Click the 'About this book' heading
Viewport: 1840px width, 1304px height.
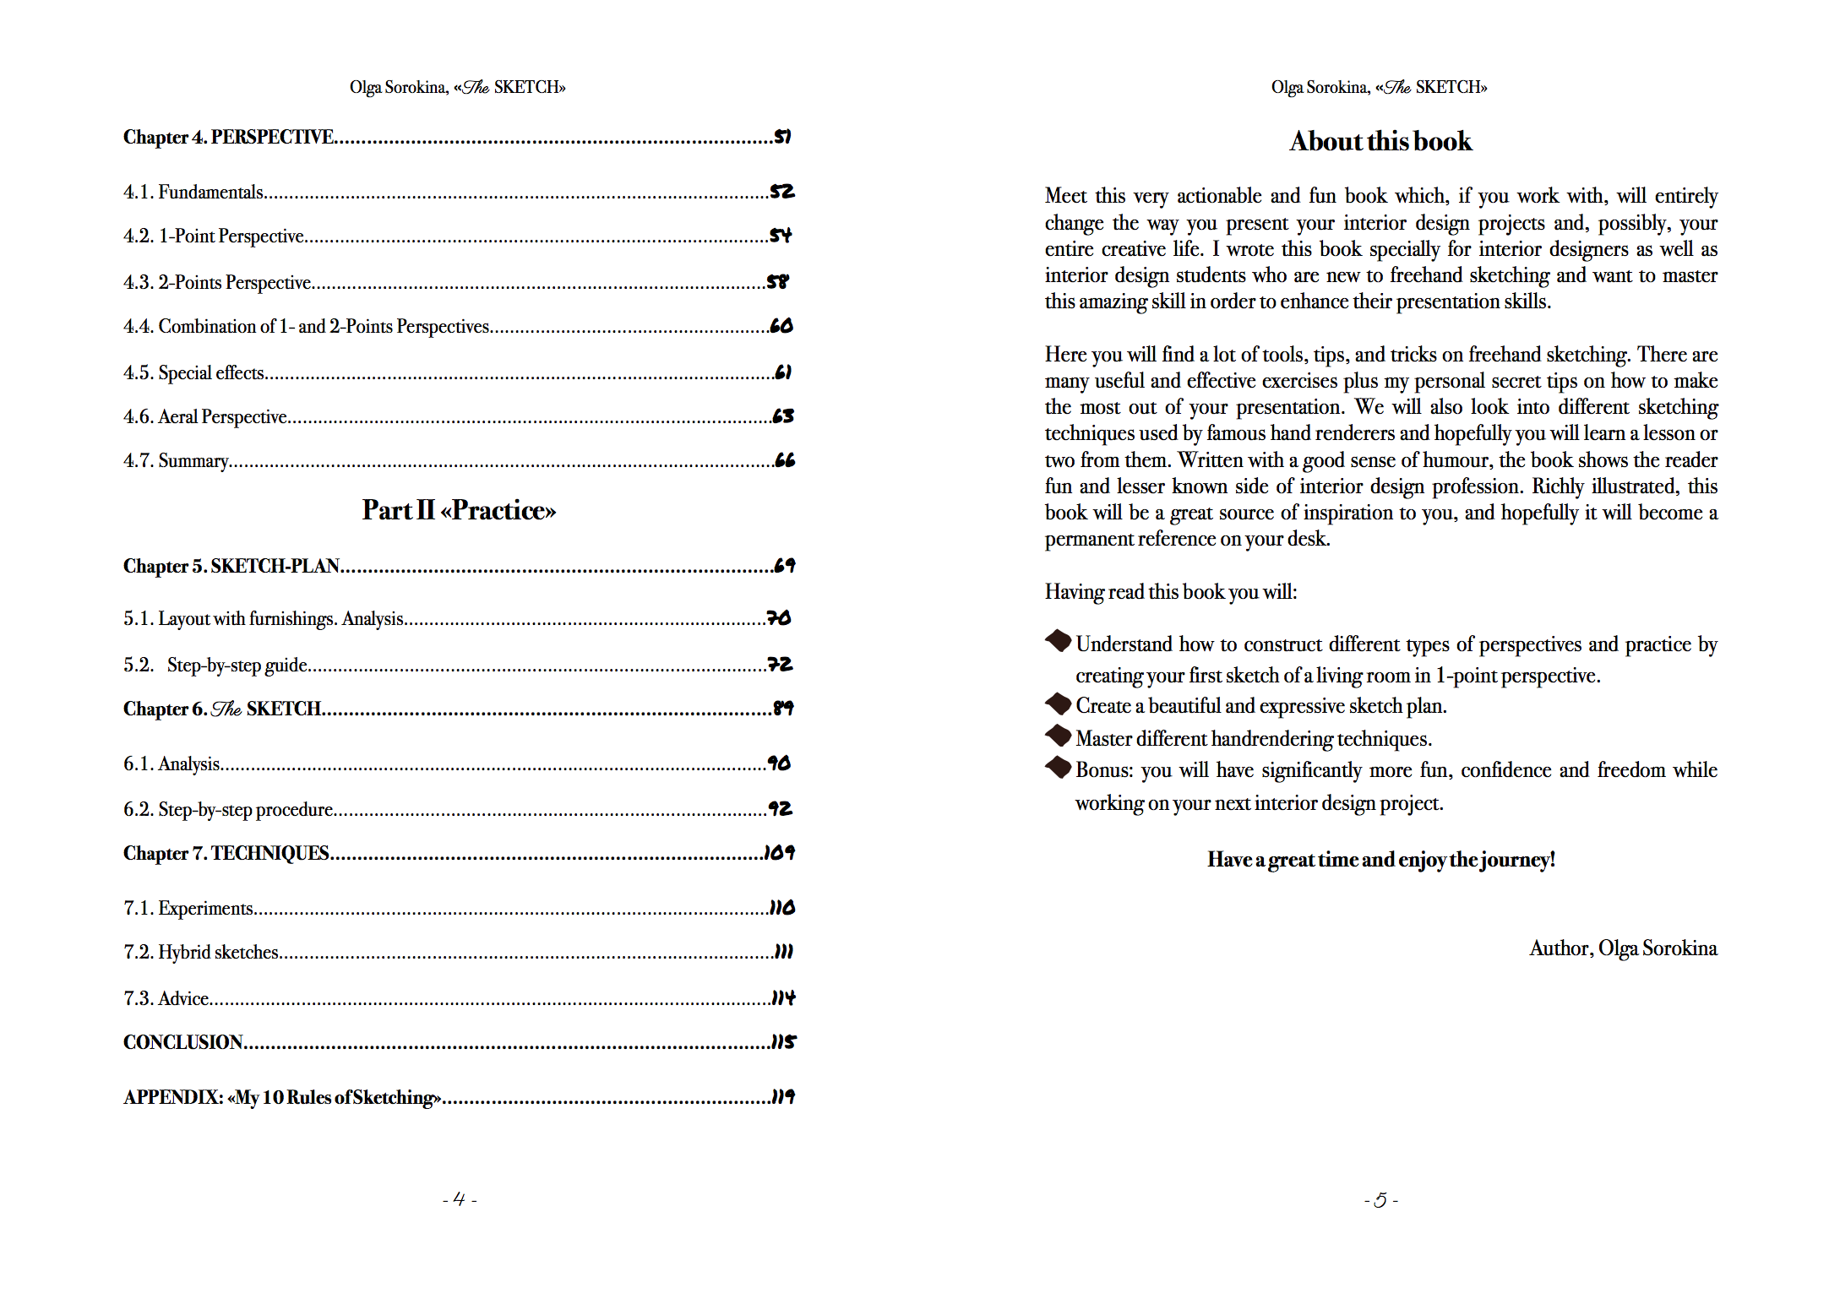(1380, 141)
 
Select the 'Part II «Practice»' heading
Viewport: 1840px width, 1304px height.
(459, 510)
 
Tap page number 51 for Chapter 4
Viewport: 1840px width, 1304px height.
(782, 137)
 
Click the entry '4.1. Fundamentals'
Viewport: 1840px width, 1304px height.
(193, 193)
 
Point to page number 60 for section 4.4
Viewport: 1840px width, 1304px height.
(781, 326)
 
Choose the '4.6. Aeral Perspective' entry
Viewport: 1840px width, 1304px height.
(205, 416)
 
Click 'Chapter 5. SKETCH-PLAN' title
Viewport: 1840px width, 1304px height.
(231, 566)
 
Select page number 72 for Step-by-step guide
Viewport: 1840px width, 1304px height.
(780, 665)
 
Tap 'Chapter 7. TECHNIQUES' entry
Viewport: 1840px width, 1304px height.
(226, 853)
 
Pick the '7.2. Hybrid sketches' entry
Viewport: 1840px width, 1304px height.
(201, 952)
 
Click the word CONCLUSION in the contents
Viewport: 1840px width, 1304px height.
(183, 1042)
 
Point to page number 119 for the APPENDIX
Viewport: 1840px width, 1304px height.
(783, 1096)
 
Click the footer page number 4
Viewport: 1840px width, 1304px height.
(460, 1199)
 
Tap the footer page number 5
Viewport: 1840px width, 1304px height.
(1380, 1200)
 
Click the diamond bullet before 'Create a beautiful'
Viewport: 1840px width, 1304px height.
(1058, 704)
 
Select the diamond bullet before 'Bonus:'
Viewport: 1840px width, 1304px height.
(1058, 768)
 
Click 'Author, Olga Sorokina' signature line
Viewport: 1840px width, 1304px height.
(1622, 948)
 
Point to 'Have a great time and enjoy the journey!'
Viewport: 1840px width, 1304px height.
(1380, 860)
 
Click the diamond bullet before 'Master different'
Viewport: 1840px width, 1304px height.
(1058, 736)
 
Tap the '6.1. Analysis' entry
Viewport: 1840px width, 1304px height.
(171, 763)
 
